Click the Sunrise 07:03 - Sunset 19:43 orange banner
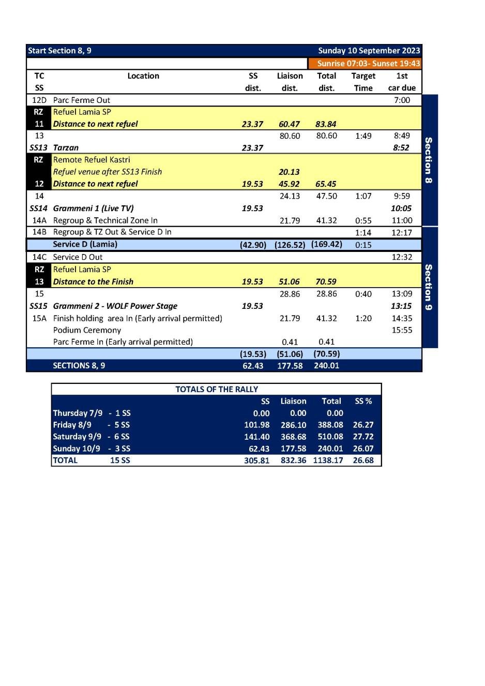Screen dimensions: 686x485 [x=368, y=64]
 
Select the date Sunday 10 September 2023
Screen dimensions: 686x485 [x=369, y=51]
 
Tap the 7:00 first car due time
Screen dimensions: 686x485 [x=402, y=100]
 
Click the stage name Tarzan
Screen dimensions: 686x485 [x=66, y=148]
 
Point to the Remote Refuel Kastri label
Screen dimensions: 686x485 [x=92, y=160]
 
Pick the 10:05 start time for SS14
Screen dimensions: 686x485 [x=401, y=208]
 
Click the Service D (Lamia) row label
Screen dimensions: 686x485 [x=85, y=244]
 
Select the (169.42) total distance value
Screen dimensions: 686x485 [x=326, y=244]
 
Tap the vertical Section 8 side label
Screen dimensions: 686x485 [x=429, y=160]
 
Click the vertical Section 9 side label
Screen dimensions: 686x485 [x=429, y=287]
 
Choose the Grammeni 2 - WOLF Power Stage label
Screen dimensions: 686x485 [x=115, y=306]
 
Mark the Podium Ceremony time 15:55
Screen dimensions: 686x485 [x=402, y=330]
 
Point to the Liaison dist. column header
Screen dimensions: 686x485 [x=290, y=82]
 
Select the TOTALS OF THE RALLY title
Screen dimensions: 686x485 [x=217, y=390]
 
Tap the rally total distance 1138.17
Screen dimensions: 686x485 [x=328, y=460]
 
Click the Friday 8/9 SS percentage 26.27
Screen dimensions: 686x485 [x=363, y=425]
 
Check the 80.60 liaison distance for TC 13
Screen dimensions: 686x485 [x=290, y=136]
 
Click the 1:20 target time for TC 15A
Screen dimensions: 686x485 [x=363, y=319]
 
